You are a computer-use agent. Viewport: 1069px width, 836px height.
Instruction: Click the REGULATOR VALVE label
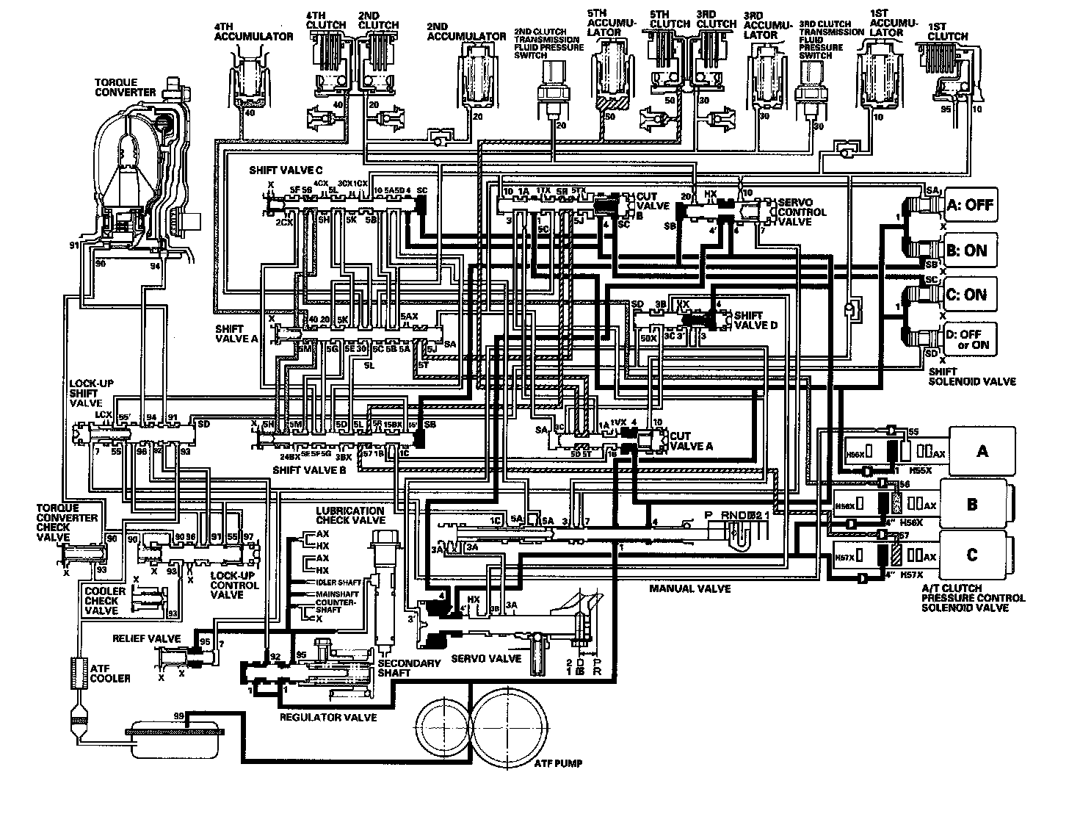point(327,717)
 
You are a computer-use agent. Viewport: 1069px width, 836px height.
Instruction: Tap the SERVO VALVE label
point(487,658)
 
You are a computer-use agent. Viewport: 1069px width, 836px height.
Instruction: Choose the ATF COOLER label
point(110,673)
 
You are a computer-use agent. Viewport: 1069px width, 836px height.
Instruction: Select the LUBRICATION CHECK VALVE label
point(350,515)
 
